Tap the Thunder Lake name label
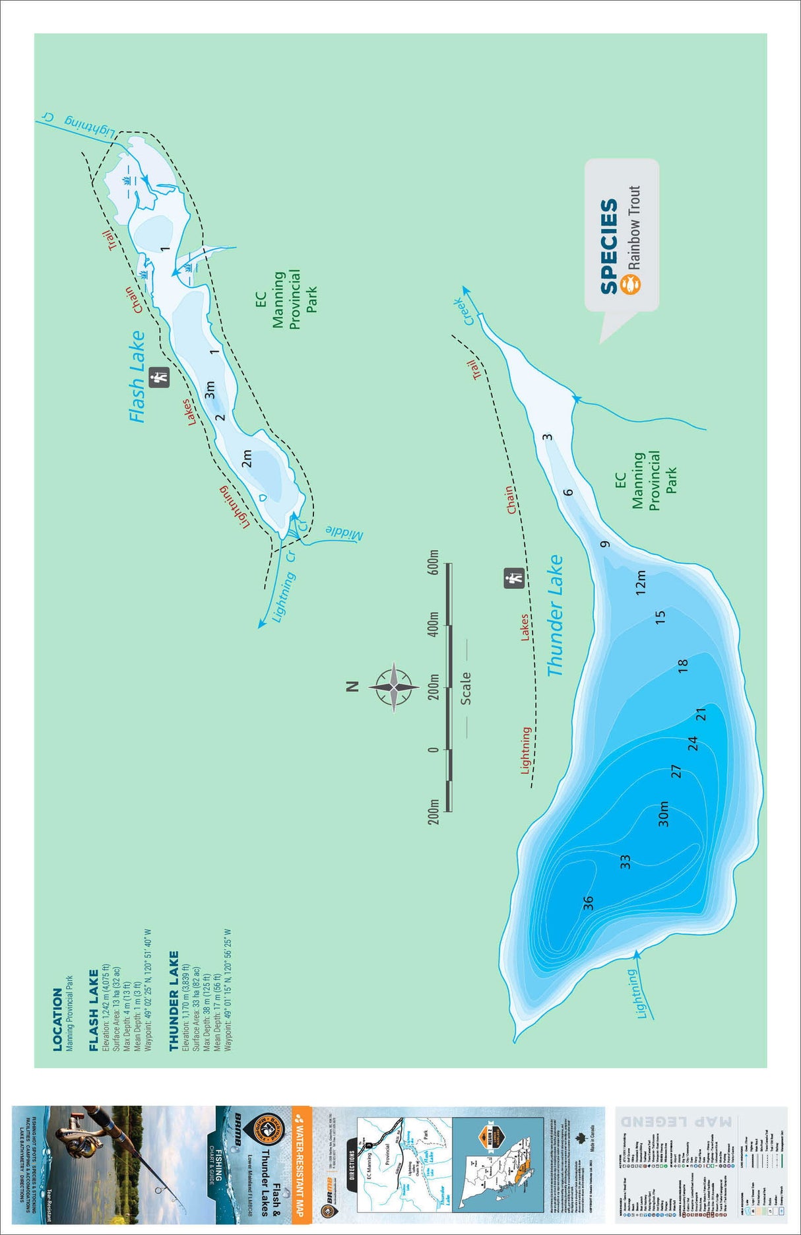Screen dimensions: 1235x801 point(556,615)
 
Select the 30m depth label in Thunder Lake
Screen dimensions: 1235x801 point(664,813)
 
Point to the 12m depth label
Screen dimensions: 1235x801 point(640,582)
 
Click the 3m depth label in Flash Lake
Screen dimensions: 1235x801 point(210,389)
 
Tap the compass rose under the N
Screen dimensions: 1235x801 point(394,686)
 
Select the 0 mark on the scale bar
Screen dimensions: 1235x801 point(433,749)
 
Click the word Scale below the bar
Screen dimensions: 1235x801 point(466,688)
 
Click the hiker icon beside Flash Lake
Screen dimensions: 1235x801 point(159,377)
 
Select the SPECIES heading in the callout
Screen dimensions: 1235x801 point(609,246)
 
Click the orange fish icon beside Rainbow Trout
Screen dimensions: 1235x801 point(632,284)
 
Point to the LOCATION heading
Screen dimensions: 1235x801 point(58,1019)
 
